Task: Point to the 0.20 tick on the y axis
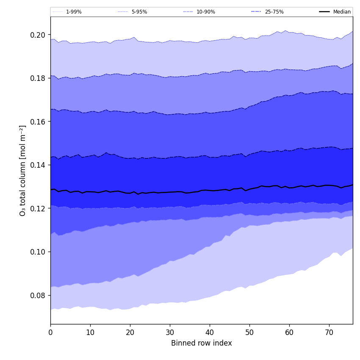39,35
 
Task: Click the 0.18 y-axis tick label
39,78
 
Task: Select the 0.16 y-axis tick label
39,122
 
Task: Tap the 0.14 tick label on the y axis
39,165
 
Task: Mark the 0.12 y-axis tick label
39,208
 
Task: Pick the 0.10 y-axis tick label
39,252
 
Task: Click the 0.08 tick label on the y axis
39,295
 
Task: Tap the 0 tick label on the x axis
50,332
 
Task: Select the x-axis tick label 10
90,332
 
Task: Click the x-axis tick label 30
170,332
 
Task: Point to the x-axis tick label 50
249,332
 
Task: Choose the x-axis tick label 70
329,332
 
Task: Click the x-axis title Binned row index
202,343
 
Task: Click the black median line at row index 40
210,190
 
